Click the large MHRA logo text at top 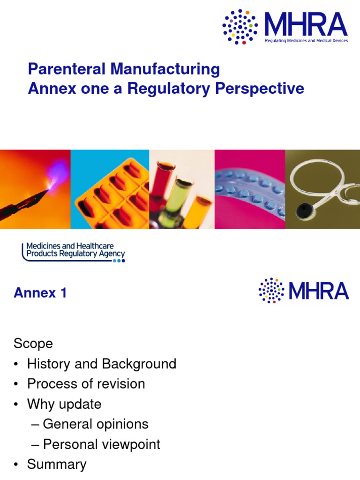click(306, 24)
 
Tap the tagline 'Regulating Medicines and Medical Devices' click(306, 41)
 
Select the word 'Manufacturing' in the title click(165, 69)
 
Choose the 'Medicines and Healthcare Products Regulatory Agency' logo click(74, 252)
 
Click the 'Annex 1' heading click(40, 293)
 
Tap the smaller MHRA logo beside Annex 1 click(304, 291)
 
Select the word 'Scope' click(33, 344)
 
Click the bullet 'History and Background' click(101, 364)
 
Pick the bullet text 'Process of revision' click(86, 384)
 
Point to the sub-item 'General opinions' click(95, 424)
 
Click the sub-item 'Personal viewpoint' click(101, 444)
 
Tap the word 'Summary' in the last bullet click(57, 465)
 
